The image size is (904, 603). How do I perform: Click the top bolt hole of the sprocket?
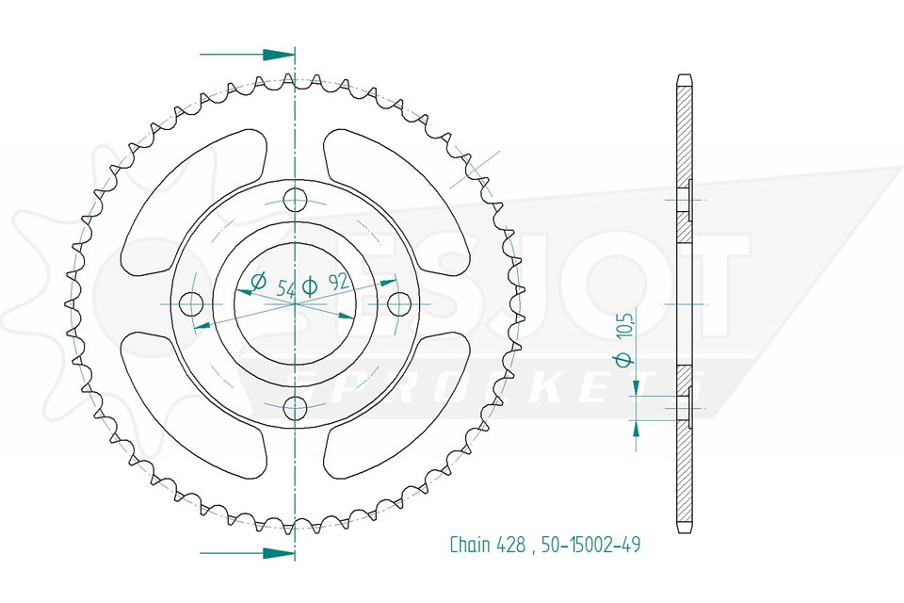tap(295, 199)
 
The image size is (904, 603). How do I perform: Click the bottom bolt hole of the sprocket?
tap(295, 408)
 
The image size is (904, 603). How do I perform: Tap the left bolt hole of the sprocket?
tap(191, 303)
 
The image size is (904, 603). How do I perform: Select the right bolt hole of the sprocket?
tap(399, 303)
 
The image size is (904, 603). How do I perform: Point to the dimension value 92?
tap(339, 282)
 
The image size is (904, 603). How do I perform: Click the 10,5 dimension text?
tap(628, 323)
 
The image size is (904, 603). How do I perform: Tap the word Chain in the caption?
tap(471, 545)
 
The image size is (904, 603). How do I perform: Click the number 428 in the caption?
tap(511, 545)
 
